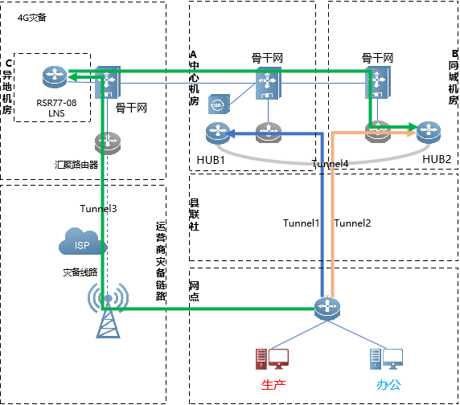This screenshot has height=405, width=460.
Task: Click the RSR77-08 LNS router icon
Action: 55,77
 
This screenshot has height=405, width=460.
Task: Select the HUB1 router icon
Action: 217,133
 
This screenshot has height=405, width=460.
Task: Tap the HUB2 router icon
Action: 429,132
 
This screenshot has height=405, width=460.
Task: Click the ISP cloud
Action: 83,242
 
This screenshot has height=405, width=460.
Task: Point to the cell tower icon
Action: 108,311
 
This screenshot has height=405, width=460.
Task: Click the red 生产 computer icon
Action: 272,358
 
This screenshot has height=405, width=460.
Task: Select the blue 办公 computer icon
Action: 386,358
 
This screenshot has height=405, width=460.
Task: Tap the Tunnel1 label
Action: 302,223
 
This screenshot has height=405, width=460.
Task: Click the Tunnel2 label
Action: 352,223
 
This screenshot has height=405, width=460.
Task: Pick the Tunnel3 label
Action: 98,209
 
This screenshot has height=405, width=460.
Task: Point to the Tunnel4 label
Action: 330,164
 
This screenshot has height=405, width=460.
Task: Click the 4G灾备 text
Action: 32,18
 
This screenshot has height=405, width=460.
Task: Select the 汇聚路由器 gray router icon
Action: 108,143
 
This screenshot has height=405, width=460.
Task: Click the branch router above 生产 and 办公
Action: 327,309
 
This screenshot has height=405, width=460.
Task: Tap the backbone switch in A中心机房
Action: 269,83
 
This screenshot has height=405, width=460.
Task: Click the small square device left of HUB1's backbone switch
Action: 219,104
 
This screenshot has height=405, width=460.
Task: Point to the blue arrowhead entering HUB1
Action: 231,134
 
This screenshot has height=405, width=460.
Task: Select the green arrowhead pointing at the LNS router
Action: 72,77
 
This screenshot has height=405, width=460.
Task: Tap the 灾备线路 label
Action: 80,272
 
